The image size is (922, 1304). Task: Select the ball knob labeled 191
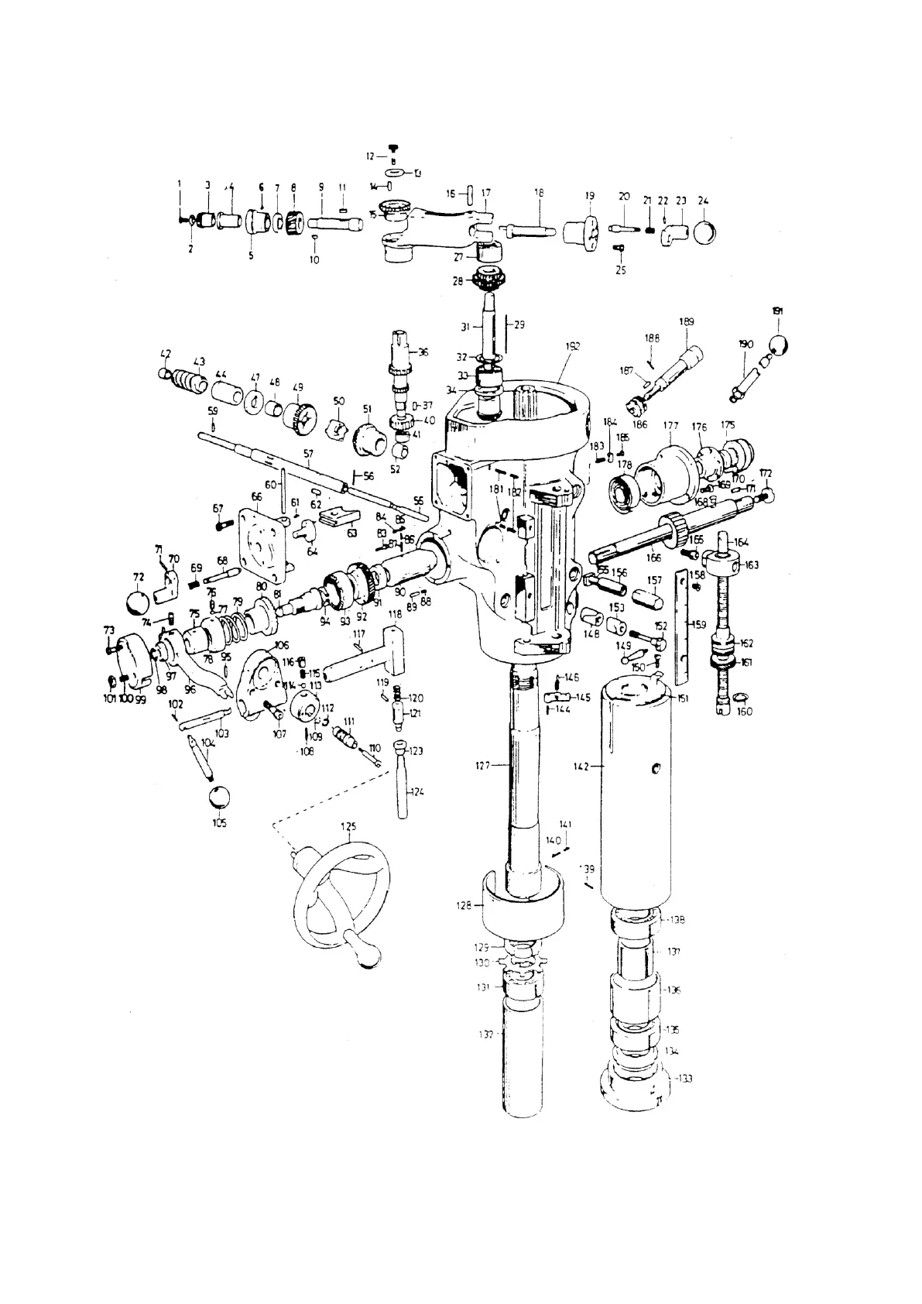pos(779,344)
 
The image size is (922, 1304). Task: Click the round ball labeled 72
pos(138,602)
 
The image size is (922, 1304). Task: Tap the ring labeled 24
pos(704,232)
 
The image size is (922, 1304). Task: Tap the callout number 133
pos(684,1078)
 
